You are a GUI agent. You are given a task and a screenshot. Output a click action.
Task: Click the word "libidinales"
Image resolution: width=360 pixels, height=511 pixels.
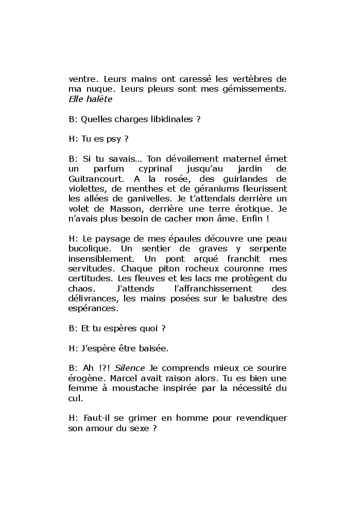170,119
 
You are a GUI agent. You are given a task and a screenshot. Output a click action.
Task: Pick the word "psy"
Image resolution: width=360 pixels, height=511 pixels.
111,139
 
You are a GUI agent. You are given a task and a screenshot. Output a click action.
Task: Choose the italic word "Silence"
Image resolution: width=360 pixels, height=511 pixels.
130,368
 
